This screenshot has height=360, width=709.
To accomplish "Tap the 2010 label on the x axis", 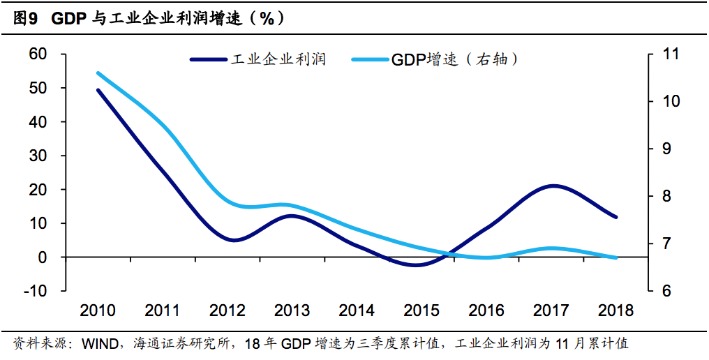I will click(98, 310).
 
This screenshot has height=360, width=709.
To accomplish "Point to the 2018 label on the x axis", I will click(615, 310).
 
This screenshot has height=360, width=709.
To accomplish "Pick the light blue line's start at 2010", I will click(98, 73).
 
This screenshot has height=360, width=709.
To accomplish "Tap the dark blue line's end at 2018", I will click(615, 217).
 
